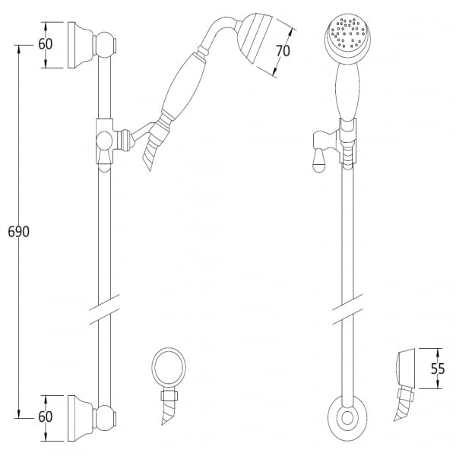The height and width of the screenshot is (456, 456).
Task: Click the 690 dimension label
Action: coord(18,232)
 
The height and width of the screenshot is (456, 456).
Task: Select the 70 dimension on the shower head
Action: coord(283,51)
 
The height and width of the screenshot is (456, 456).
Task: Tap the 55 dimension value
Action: coord(438,369)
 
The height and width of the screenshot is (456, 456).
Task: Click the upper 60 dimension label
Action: coord(46,44)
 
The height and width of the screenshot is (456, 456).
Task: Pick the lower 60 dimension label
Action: coord(46,416)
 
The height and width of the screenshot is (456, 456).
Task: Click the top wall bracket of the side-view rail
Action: coord(81,45)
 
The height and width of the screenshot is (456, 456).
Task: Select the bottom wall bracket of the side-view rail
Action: coord(81,418)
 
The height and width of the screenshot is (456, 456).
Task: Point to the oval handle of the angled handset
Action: coord(183,85)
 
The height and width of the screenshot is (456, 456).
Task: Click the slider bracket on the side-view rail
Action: coord(104,141)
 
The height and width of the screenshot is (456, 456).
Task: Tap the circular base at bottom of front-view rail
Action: coord(347,418)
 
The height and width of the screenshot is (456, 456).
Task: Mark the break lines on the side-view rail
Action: coord(104,309)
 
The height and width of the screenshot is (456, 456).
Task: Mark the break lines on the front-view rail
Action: coord(347,309)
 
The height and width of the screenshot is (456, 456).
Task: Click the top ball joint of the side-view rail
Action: coord(104,45)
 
